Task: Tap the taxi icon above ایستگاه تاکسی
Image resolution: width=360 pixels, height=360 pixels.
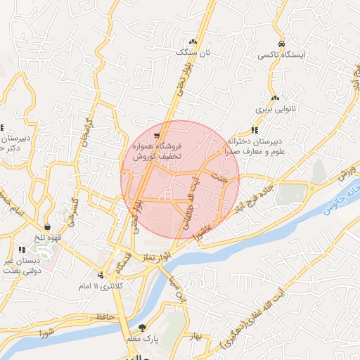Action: (x=281, y=43)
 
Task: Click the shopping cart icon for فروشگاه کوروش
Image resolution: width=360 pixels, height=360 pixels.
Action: (x=157, y=136)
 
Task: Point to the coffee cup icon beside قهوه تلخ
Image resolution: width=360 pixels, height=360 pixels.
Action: (x=47, y=226)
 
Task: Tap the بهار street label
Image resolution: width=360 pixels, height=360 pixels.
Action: (x=195, y=336)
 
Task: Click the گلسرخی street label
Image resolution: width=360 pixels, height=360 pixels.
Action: (x=72, y=210)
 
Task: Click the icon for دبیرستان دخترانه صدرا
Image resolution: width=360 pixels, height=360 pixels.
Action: (x=255, y=130)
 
